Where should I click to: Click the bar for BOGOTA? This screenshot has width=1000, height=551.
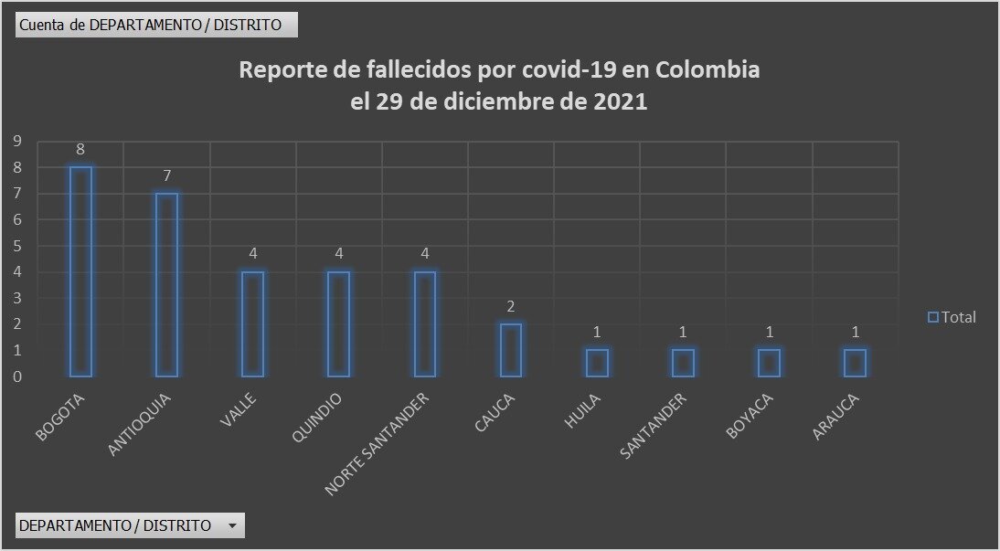pos(80,271)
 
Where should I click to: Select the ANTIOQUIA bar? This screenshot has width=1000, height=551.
pos(166,284)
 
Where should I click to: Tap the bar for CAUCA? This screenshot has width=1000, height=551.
pos(511,350)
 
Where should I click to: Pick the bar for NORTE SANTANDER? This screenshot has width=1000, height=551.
pos(425,323)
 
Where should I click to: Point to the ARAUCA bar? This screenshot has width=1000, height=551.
pos(855,363)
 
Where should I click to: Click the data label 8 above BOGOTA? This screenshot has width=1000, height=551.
pos(80,150)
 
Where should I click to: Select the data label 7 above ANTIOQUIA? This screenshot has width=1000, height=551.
pos(166,176)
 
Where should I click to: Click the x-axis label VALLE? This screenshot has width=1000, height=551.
pos(239,409)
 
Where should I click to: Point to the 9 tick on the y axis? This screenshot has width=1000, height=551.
pos(16,141)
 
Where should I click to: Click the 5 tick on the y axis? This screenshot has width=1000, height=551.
pos(16,246)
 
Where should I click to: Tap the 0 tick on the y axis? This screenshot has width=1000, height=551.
pos(16,376)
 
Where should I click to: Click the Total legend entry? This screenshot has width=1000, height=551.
pos(952,317)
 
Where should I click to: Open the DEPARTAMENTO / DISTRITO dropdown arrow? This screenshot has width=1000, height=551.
pos(232,525)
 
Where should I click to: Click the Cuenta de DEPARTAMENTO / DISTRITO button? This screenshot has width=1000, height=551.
pos(156,25)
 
